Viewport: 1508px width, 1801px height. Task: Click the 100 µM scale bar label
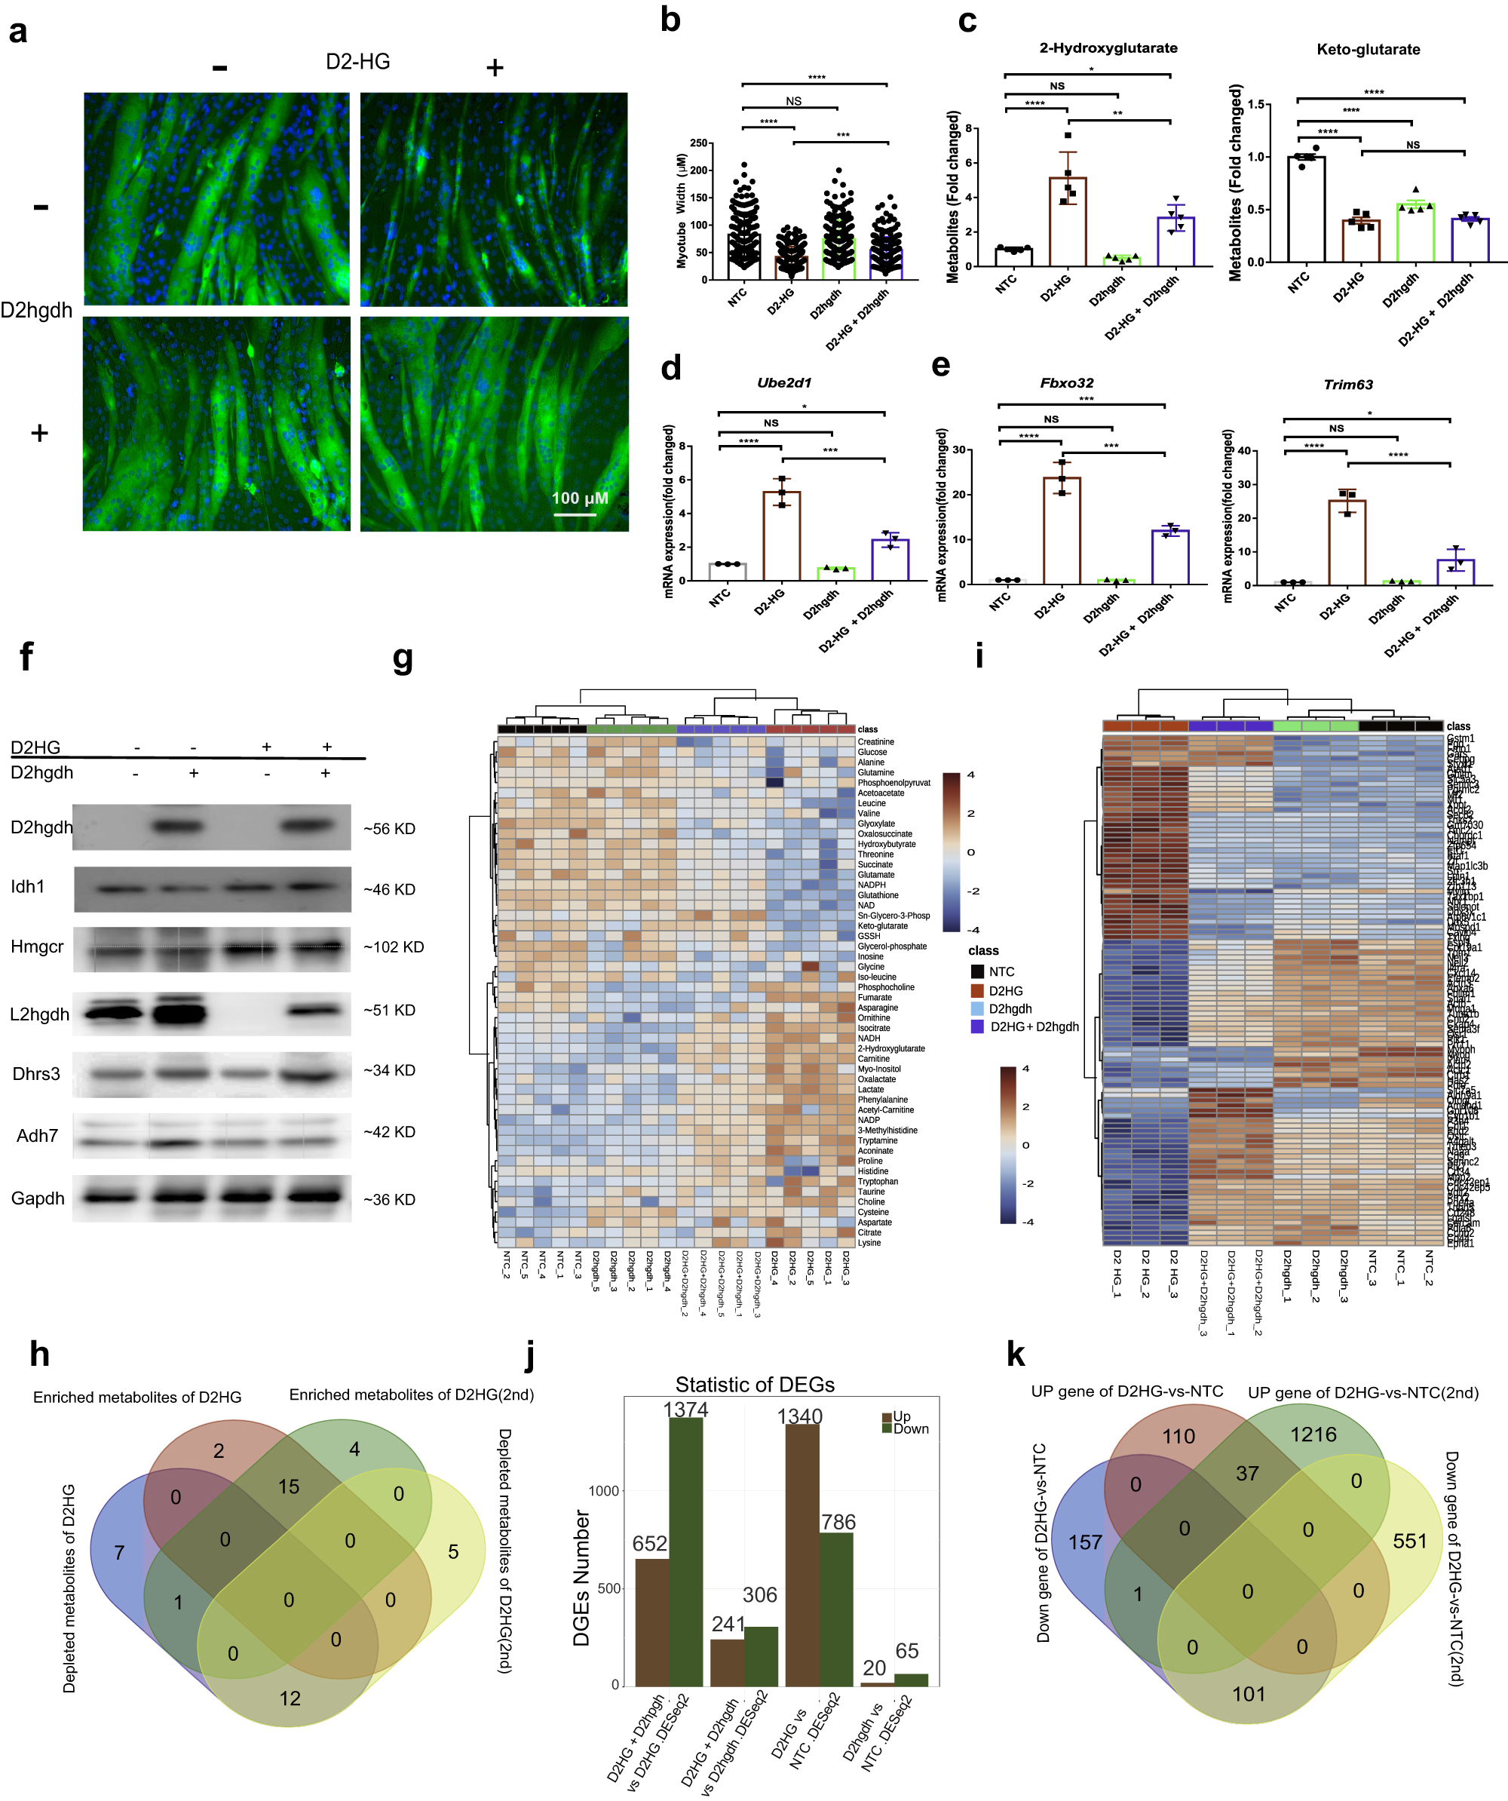pos(580,499)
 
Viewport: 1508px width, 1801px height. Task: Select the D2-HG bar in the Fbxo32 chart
pos(1062,532)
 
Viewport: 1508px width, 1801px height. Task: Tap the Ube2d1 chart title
pos(783,382)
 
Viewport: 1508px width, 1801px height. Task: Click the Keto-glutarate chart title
pos(1368,50)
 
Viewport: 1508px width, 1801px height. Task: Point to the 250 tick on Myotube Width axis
pos(699,143)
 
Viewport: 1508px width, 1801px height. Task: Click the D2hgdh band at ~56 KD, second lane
pos(178,827)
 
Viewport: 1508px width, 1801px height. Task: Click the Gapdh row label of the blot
pos(38,1198)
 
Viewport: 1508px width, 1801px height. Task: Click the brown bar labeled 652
pos(651,1621)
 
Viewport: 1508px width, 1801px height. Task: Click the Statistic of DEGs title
pos(755,1384)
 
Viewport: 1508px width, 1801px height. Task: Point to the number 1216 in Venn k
pos(1313,1434)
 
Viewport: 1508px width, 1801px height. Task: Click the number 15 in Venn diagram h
pos(289,1487)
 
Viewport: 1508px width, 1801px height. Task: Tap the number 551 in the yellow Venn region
pos(1409,1541)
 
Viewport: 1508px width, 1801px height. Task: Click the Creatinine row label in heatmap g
pos(875,742)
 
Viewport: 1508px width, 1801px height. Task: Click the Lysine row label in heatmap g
pos(869,1243)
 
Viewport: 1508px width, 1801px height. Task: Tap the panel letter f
pos(26,656)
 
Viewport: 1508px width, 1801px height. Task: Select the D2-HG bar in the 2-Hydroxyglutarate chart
pos(1068,221)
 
